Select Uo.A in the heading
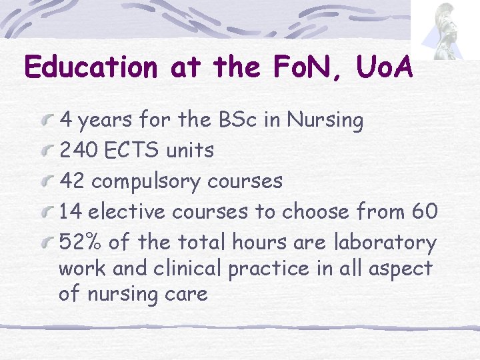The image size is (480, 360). (x=379, y=67)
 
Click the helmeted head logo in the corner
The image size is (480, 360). (x=443, y=30)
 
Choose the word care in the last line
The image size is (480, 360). (x=187, y=294)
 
